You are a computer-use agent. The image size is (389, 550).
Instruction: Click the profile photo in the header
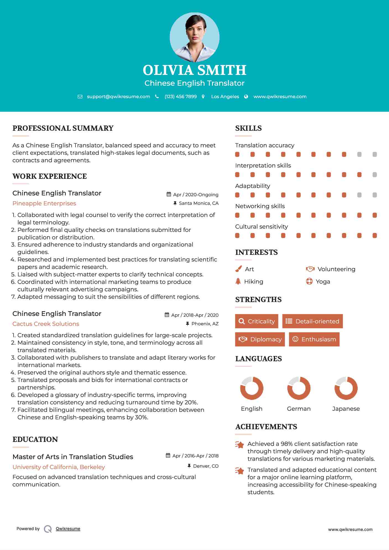point(194,37)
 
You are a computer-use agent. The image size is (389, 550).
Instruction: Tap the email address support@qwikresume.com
point(118,96)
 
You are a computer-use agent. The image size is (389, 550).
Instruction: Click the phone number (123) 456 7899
point(181,96)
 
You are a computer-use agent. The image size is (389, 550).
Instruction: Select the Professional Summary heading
point(63,128)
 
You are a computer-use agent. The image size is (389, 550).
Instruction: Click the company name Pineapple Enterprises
point(44,203)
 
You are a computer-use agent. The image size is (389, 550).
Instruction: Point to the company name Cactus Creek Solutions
point(46,324)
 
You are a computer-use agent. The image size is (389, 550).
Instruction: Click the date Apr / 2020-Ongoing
point(195,195)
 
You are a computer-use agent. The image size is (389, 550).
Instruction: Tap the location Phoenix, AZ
point(205,324)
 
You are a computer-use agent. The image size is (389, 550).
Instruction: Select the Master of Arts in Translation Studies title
point(73,457)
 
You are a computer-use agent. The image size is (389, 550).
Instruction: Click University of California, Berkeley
point(59,467)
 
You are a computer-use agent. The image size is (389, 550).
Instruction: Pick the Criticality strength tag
point(257,321)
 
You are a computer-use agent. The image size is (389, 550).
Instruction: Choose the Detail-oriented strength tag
point(312,321)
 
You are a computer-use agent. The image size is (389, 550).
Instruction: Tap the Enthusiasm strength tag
point(314,339)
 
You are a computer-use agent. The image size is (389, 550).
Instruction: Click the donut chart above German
point(299,388)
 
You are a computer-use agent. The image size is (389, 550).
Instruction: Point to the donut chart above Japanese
point(346,388)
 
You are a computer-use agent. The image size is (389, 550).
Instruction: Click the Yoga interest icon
point(309,281)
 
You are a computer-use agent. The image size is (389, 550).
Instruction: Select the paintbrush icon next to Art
point(238,269)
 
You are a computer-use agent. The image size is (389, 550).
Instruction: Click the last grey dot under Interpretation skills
point(375,175)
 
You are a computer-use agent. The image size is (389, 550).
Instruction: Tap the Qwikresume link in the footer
point(68,529)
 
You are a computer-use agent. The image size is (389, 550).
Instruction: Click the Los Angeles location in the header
point(225,96)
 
